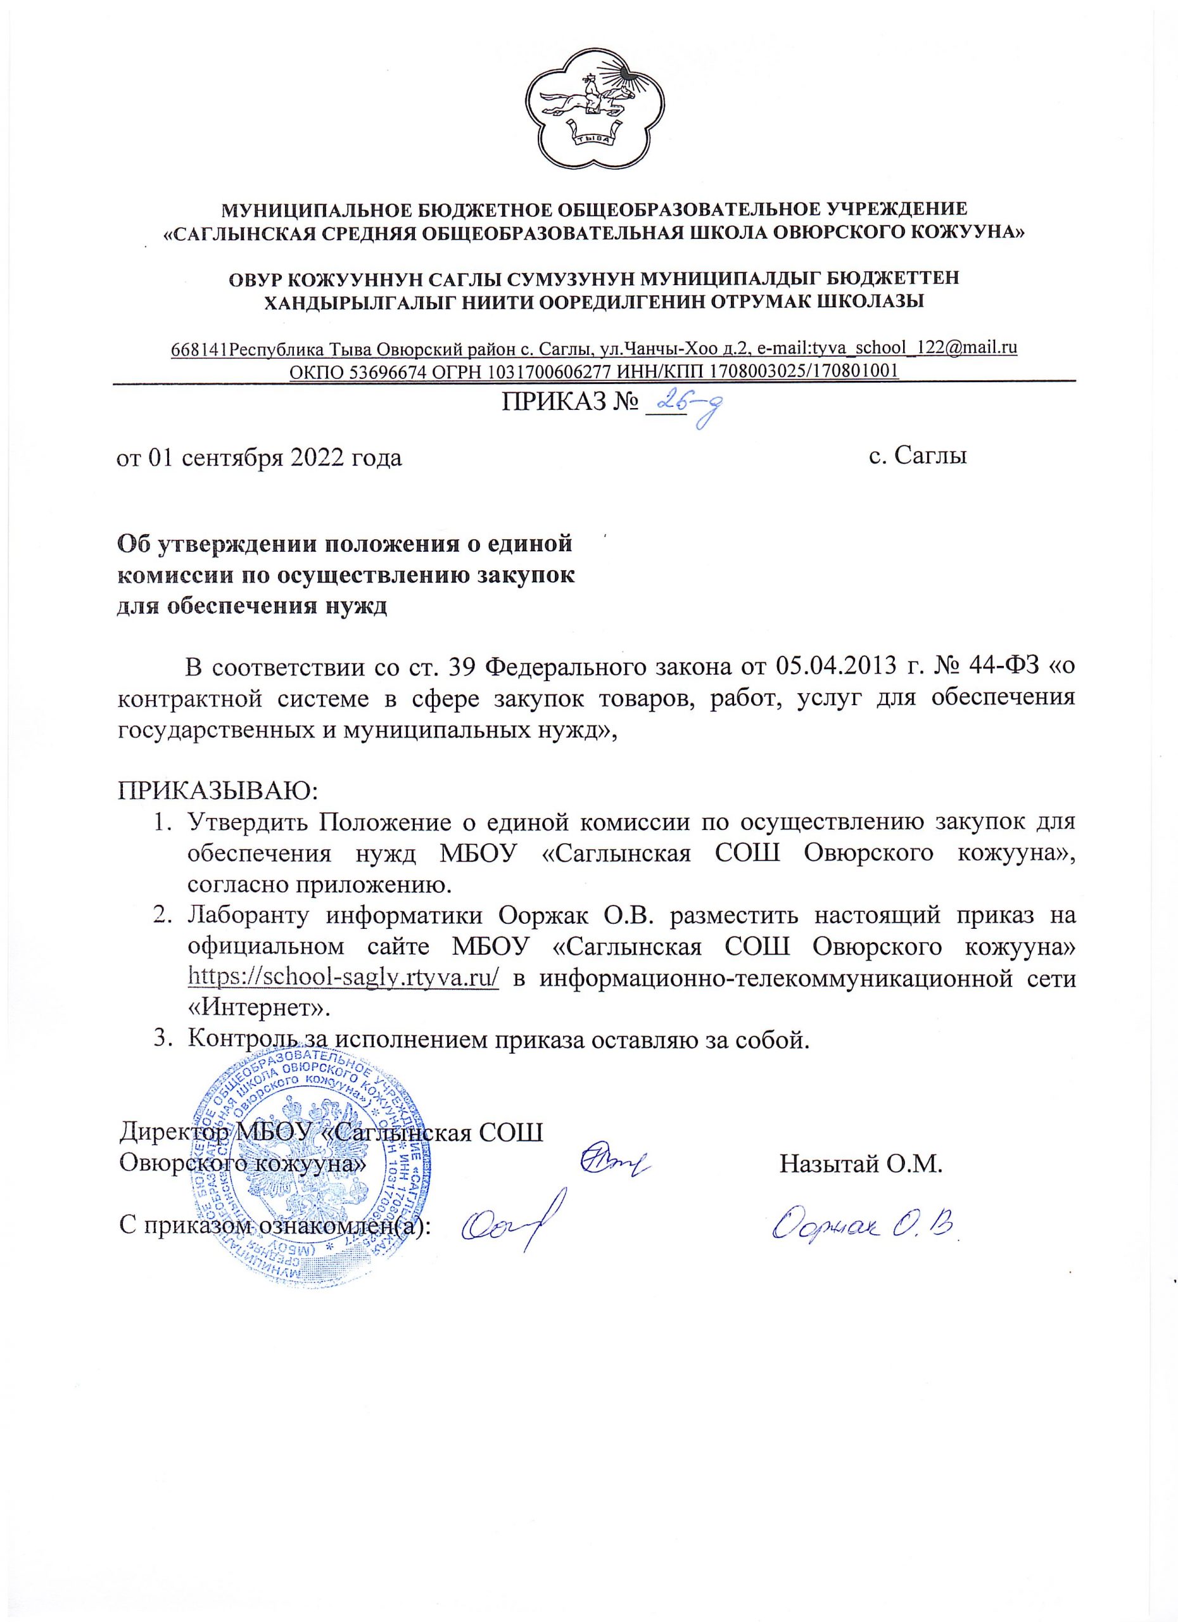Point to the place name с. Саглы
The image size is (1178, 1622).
click(x=918, y=456)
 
